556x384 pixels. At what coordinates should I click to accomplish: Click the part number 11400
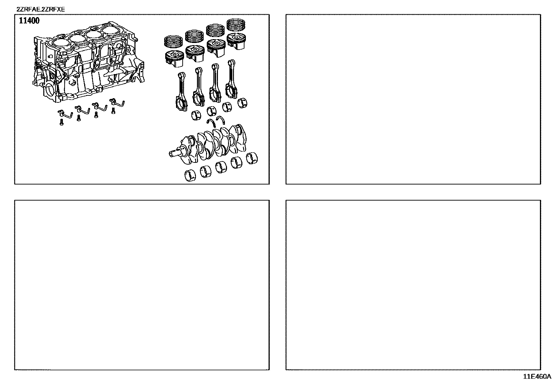coord(29,21)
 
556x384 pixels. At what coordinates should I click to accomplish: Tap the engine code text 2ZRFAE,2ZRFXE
coord(41,9)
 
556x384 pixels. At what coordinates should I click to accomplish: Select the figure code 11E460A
coord(537,377)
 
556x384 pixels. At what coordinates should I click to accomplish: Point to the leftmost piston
coord(174,58)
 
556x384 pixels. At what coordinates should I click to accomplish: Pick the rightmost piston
coord(236,41)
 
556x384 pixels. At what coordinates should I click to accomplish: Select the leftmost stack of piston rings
coord(174,41)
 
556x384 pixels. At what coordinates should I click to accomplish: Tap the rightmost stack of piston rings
coord(236,24)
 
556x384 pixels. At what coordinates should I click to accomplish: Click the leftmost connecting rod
coord(181,92)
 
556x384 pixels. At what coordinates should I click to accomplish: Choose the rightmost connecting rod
coord(232,79)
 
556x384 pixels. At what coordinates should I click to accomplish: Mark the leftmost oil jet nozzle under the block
coord(65,114)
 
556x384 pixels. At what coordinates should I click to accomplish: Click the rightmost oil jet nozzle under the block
coord(117,102)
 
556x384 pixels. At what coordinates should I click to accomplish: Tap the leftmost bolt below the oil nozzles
coord(61,122)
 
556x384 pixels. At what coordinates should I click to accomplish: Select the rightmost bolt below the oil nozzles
coord(114,111)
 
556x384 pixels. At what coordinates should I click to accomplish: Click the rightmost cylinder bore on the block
coord(111,30)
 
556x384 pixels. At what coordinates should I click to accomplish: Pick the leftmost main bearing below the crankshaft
coord(190,175)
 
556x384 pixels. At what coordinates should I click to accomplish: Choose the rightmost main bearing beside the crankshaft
coord(252,158)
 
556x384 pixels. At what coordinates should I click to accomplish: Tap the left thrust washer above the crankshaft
coord(211,123)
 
